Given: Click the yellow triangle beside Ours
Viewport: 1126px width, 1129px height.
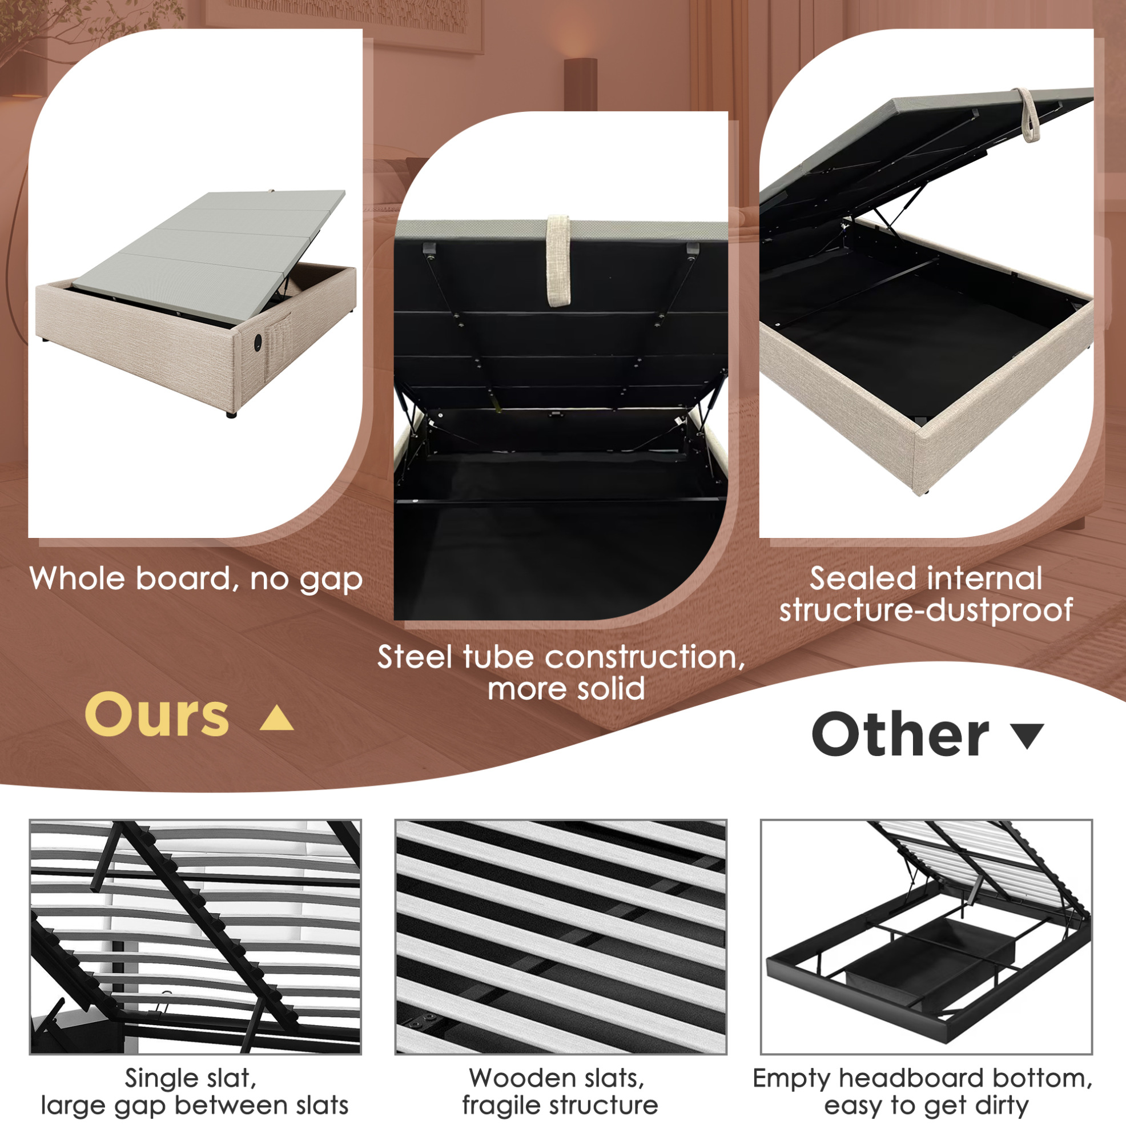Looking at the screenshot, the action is (276, 718).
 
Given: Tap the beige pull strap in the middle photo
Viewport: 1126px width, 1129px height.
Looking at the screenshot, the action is (558, 260).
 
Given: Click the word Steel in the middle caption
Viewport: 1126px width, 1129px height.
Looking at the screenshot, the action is (417, 657).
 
